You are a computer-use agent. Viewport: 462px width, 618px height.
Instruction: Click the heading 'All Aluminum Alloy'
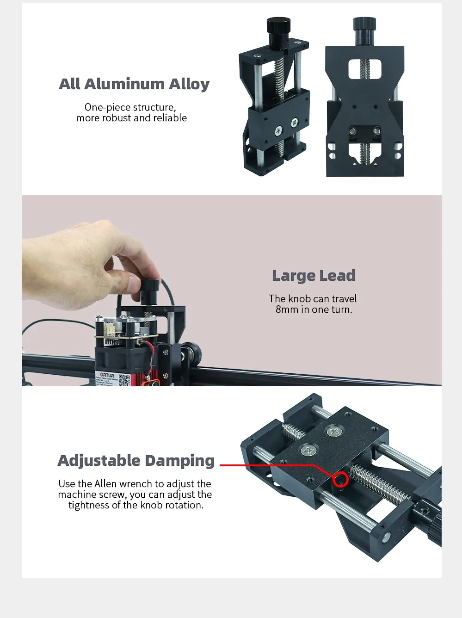click(x=134, y=84)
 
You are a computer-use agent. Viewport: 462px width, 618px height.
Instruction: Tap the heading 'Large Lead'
click(x=314, y=276)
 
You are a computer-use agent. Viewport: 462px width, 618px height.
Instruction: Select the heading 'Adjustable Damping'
click(x=136, y=461)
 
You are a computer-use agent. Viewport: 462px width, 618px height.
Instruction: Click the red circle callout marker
click(x=341, y=480)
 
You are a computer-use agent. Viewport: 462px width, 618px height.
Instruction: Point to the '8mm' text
click(x=287, y=309)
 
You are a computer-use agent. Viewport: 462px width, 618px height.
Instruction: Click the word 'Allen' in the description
click(x=105, y=484)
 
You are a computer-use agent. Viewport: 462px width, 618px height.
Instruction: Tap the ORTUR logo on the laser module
click(x=107, y=375)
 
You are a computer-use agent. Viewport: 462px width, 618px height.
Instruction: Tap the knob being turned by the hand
click(x=149, y=290)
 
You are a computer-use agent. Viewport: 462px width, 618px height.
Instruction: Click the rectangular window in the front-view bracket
click(x=364, y=68)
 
